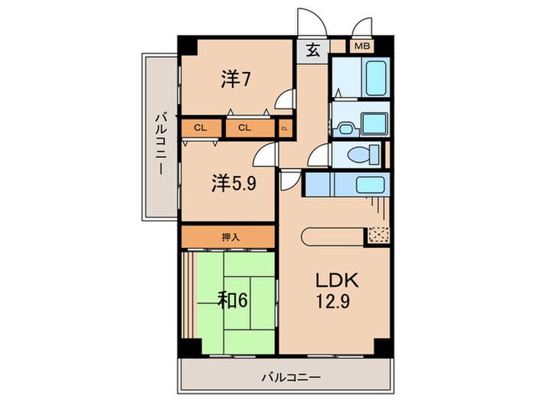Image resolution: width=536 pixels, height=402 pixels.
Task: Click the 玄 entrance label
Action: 313,50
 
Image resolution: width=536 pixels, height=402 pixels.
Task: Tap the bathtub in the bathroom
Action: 368,79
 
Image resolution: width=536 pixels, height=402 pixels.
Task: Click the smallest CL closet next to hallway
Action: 285,128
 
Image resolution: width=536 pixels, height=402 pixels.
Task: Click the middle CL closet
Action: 245,127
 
